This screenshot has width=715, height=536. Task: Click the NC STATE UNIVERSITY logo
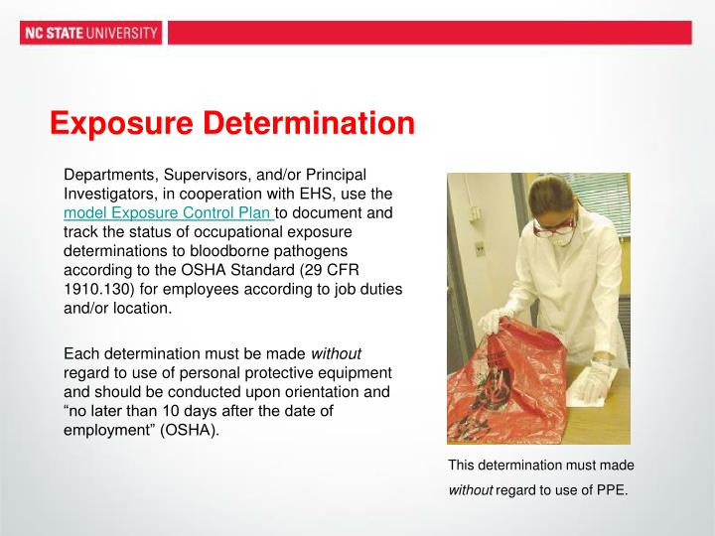click(x=89, y=33)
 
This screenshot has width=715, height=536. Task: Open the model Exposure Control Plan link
click(x=168, y=213)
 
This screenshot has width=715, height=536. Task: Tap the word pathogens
click(x=307, y=251)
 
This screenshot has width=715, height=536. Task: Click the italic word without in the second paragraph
click(x=337, y=353)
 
